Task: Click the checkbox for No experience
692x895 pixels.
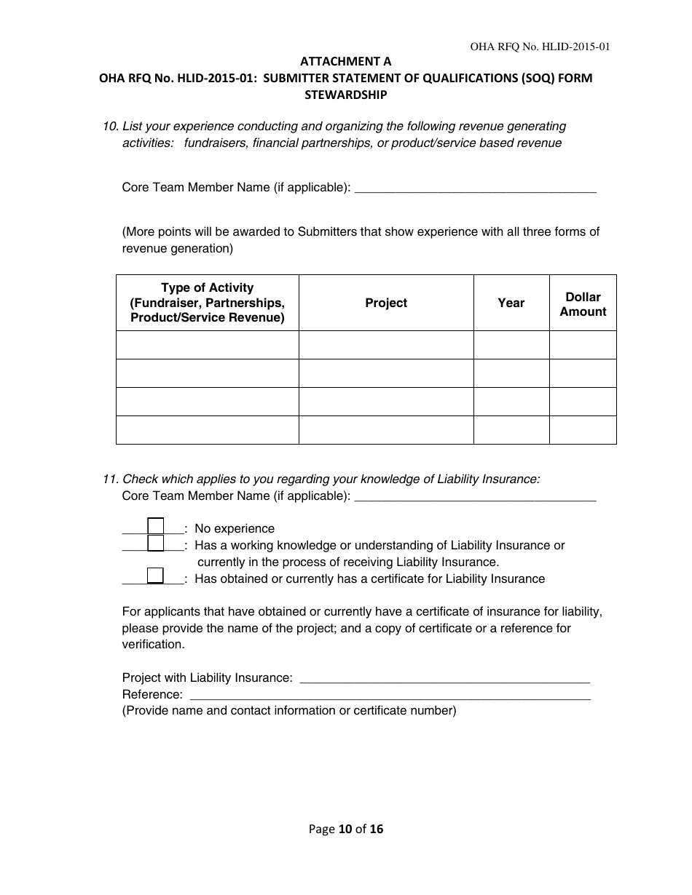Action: (x=155, y=525)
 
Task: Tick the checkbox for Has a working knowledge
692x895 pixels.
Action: (x=155, y=543)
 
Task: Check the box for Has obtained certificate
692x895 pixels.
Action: (x=155, y=576)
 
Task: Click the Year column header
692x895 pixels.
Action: (x=511, y=303)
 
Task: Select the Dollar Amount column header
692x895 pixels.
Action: (x=583, y=304)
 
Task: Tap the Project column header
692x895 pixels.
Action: (x=386, y=303)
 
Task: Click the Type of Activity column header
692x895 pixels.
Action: (x=208, y=303)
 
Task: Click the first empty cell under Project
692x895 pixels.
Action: (x=386, y=345)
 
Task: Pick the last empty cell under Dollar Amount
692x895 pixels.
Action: (x=583, y=430)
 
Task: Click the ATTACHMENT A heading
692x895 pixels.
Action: (x=345, y=63)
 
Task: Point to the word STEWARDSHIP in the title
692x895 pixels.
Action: (x=345, y=95)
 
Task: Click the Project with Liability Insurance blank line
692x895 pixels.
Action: (x=444, y=678)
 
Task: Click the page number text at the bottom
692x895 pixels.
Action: (x=345, y=829)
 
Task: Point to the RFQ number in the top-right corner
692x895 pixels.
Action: (x=540, y=47)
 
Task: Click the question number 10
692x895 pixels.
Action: (x=111, y=127)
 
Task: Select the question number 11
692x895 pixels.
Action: (x=111, y=479)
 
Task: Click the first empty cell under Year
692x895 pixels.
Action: (x=511, y=345)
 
